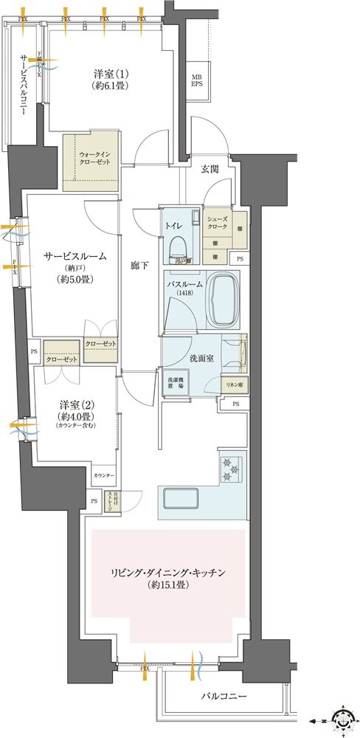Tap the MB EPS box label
coord(197,80)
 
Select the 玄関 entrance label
coord(209,169)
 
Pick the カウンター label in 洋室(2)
coord(103,476)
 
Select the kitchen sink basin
coord(181,497)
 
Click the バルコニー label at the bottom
coord(221,696)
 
